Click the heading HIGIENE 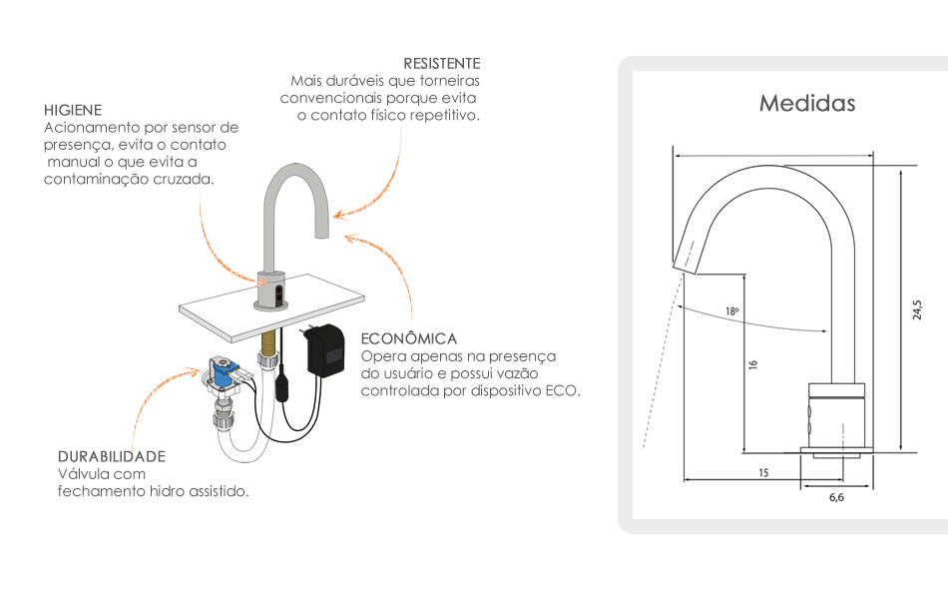click(x=73, y=109)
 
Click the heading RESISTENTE click(x=441, y=63)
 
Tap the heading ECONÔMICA click(x=409, y=338)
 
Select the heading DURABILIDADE click(x=112, y=456)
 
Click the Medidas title click(x=807, y=103)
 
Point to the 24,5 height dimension click(x=917, y=309)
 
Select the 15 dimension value click(x=763, y=472)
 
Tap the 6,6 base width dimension click(x=836, y=497)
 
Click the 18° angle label click(x=732, y=311)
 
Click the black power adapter click(x=327, y=349)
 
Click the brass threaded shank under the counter click(x=266, y=351)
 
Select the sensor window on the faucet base click(x=278, y=293)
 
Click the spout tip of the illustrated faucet click(x=322, y=233)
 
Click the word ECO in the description click(x=562, y=390)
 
